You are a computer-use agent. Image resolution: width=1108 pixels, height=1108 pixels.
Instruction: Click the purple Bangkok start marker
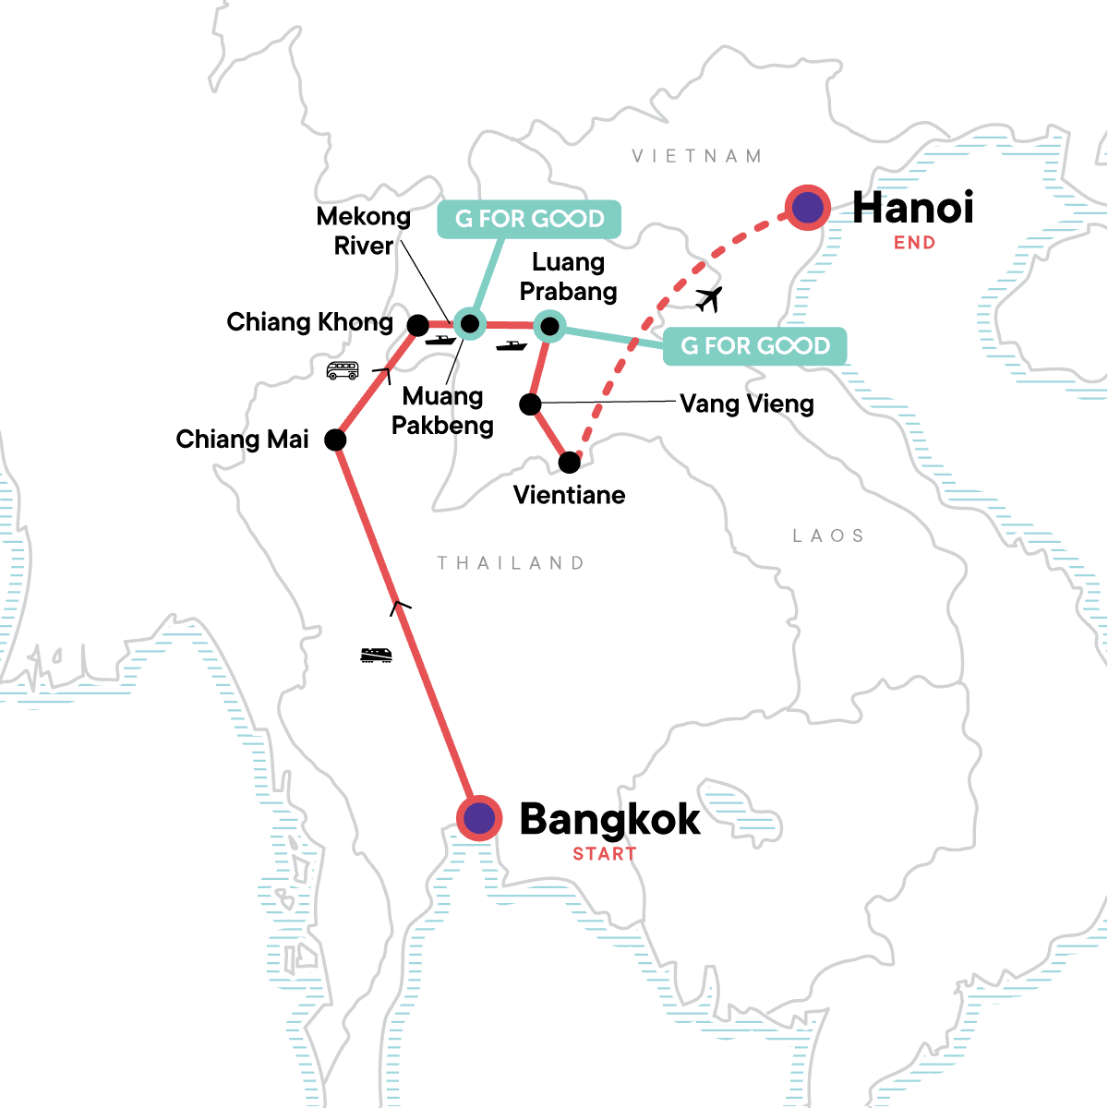(479, 818)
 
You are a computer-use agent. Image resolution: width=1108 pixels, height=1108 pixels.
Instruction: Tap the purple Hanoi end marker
(808, 208)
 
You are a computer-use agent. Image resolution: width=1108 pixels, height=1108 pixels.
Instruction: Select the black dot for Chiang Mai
(336, 440)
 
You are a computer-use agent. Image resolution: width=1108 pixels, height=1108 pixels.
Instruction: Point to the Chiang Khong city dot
(418, 325)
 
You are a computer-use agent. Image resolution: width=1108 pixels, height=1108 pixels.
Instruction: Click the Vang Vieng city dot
(530, 403)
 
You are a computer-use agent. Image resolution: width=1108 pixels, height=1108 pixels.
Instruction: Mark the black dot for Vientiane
(570, 462)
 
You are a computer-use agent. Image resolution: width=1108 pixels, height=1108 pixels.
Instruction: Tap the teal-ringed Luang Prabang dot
(549, 325)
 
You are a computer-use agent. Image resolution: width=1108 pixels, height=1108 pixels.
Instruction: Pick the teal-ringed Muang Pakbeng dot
(469, 323)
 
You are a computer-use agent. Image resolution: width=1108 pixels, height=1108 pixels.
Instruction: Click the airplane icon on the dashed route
(708, 299)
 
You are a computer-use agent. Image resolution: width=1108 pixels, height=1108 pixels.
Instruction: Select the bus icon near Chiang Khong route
(343, 370)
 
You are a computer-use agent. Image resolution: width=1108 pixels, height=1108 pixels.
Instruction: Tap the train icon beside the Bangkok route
(376, 655)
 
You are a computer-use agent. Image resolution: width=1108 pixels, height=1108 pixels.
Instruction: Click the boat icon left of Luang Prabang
(511, 346)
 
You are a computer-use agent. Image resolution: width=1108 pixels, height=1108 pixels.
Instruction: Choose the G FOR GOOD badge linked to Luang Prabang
(755, 346)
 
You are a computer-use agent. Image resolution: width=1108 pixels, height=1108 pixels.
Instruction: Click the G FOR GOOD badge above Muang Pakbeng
(529, 219)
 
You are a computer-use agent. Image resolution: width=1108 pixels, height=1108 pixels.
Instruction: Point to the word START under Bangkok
(605, 854)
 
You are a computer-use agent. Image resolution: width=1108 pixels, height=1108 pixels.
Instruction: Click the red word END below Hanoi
(914, 243)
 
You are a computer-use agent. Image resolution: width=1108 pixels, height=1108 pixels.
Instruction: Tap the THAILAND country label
(511, 563)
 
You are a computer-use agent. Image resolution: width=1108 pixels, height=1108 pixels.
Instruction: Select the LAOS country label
(828, 536)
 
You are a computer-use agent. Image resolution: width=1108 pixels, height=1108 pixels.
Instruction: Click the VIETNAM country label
(697, 156)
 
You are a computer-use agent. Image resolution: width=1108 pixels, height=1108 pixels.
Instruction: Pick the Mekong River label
(364, 231)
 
